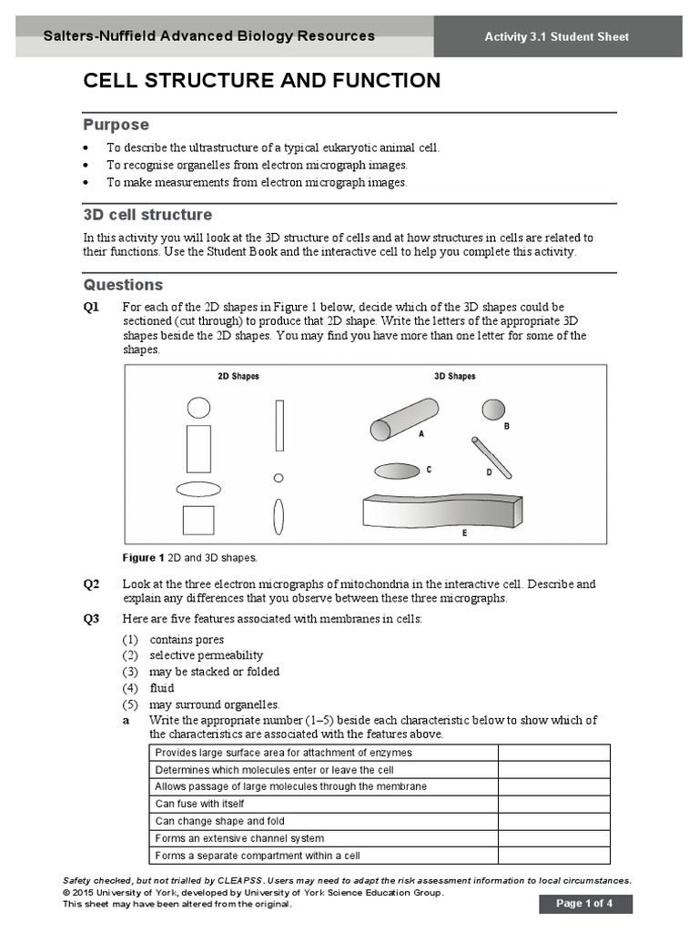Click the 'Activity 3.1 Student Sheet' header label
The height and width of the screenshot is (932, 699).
pyautogui.click(x=556, y=37)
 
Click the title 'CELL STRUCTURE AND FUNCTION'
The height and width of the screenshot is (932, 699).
pyautogui.click(x=262, y=81)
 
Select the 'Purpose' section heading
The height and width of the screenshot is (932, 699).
pyautogui.click(x=116, y=125)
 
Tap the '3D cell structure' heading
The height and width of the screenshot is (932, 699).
pyautogui.click(x=147, y=215)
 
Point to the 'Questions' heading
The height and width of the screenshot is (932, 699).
pyautogui.click(x=124, y=285)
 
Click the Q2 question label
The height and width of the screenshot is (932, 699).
pyautogui.click(x=92, y=584)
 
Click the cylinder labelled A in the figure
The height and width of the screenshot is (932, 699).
pyautogui.click(x=404, y=419)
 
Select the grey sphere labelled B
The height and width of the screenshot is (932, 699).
pyautogui.click(x=493, y=410)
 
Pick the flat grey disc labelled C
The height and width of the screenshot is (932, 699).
pyautogui.click(x=398, y=471)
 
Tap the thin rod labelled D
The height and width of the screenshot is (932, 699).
pyautogui.click(x=491, y=457)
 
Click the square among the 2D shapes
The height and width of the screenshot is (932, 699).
pyautogui.click(x=198, y=520)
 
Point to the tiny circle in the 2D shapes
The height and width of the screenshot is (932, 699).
pyautogui.click(x=279, y=477)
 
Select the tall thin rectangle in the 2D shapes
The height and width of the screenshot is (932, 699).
pyautogui.click(x=279, y=425)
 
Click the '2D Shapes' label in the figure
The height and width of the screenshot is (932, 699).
pyautogui.click(x=238, y=376)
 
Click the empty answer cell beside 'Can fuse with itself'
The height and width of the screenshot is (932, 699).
pyautogui.click(x=553, y=804)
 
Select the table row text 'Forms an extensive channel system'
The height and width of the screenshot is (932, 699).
pyautogui.click(x=239, y=838)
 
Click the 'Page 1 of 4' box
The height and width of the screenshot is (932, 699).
pyautogui.click(x=584, y=904)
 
